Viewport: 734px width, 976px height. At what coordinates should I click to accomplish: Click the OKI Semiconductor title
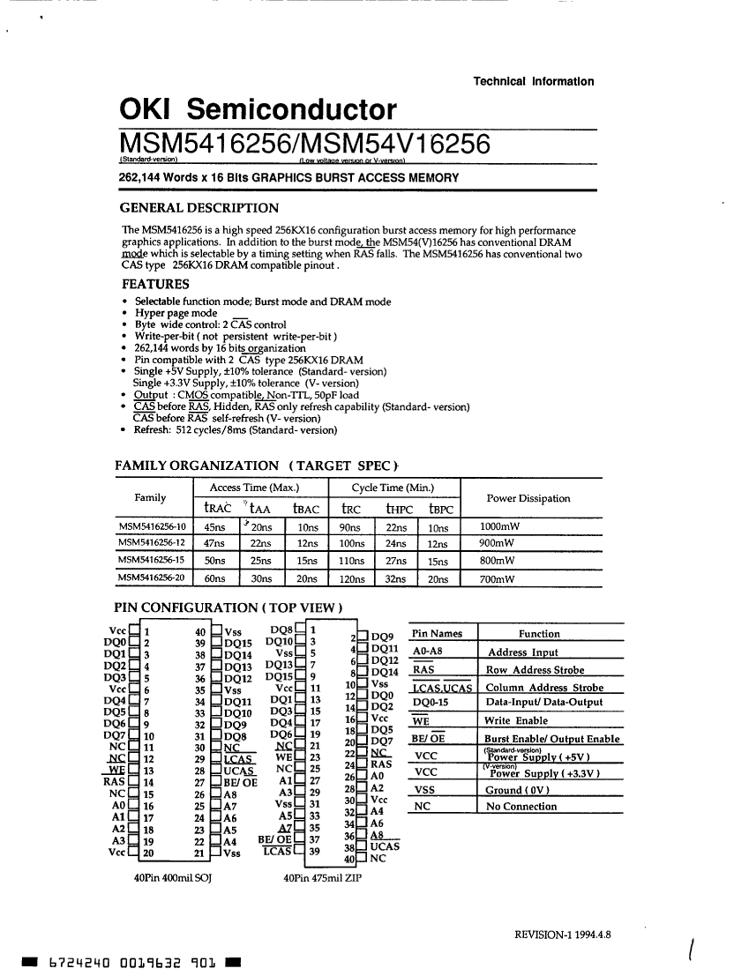(x=258, y=110)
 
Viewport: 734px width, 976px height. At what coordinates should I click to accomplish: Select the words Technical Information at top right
(x=534, y=81)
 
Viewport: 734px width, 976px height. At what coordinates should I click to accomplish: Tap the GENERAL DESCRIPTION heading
(x=199, y=208)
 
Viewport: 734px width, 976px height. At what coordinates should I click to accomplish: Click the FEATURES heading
(x=155, y=284)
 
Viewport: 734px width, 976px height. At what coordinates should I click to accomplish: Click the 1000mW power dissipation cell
(x=499, y=527)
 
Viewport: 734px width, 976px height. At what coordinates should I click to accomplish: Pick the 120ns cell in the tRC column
(x=352, y=579)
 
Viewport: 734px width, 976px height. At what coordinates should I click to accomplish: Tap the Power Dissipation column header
(x=528, y=498)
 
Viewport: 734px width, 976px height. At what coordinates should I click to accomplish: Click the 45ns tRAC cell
(x=214, y=527)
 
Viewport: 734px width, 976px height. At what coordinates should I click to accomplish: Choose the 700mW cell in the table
(x=498, y=579)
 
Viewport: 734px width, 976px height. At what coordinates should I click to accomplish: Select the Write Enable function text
(x=517, y=720)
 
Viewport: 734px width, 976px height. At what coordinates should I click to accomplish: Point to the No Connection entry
(x=521, y=806)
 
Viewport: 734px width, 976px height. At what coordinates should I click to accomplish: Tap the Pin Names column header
(x=438, y=634)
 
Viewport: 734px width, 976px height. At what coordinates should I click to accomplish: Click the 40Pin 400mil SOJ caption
(x=173, y=878)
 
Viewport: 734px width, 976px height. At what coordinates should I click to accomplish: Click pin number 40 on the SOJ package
(x=200, y=631)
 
